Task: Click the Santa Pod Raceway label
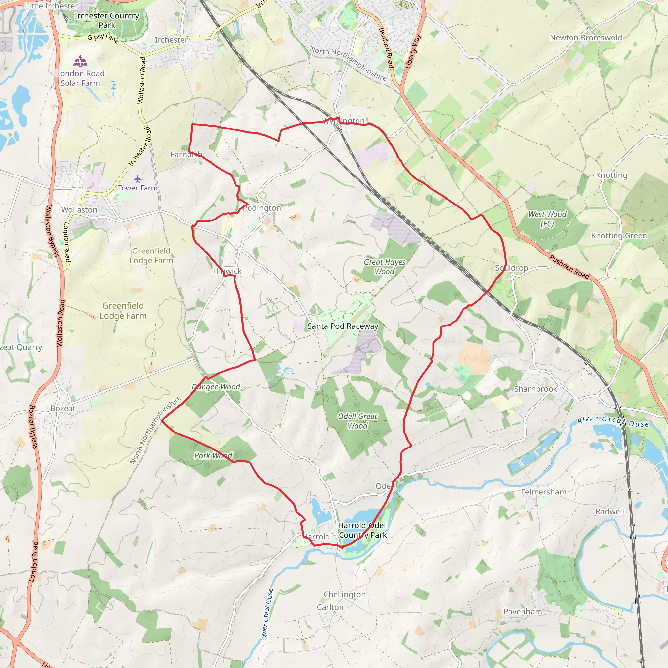click(x=343, y=326)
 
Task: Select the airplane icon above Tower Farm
click(x=138, y=179)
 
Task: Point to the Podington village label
click(x=262, y=208)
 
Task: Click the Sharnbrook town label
click(x=536, y=389)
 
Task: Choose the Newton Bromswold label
click(x=586, y=38)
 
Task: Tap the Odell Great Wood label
click(x=357, y=421)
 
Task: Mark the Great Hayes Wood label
click(x=385, y=266)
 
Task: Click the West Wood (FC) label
click(x=547, y=219)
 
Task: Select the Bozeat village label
click(x=63, y=408)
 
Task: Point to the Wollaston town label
click(x=79, y=210)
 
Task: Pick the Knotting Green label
click(x=619, y=236)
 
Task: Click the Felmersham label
click(x=543, y=492)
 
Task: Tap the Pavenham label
click(x=523, y=612)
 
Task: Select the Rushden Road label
click(x=569, y=266)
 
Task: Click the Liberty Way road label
click(x=413, y=52)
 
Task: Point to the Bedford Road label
click(x=387, y=48)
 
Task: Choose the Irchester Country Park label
click(x=107, y=21)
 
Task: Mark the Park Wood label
click(x=213, y=455)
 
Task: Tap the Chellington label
click(x=344, y=594)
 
